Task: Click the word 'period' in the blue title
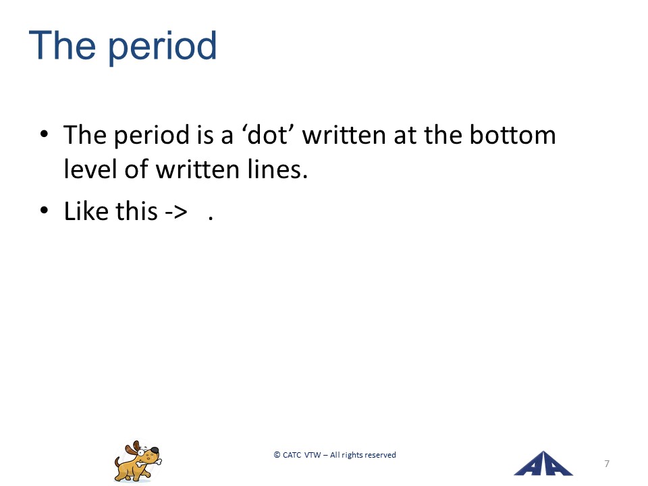point(163,47)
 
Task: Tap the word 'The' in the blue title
point(62,45)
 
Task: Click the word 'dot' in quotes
point(267,135)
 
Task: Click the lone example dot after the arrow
point(211,218)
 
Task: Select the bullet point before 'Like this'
point(45,211)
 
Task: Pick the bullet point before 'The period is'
point(45,134)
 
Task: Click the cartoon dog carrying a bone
point(138,461)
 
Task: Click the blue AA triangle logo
point(543,464)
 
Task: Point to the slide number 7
point(607,464)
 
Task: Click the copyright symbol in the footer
point(277,455)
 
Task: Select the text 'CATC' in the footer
point(292,455)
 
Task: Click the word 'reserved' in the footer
point(379,455)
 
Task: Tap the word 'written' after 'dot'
point(344,135)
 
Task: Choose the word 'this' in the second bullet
point(136,211)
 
